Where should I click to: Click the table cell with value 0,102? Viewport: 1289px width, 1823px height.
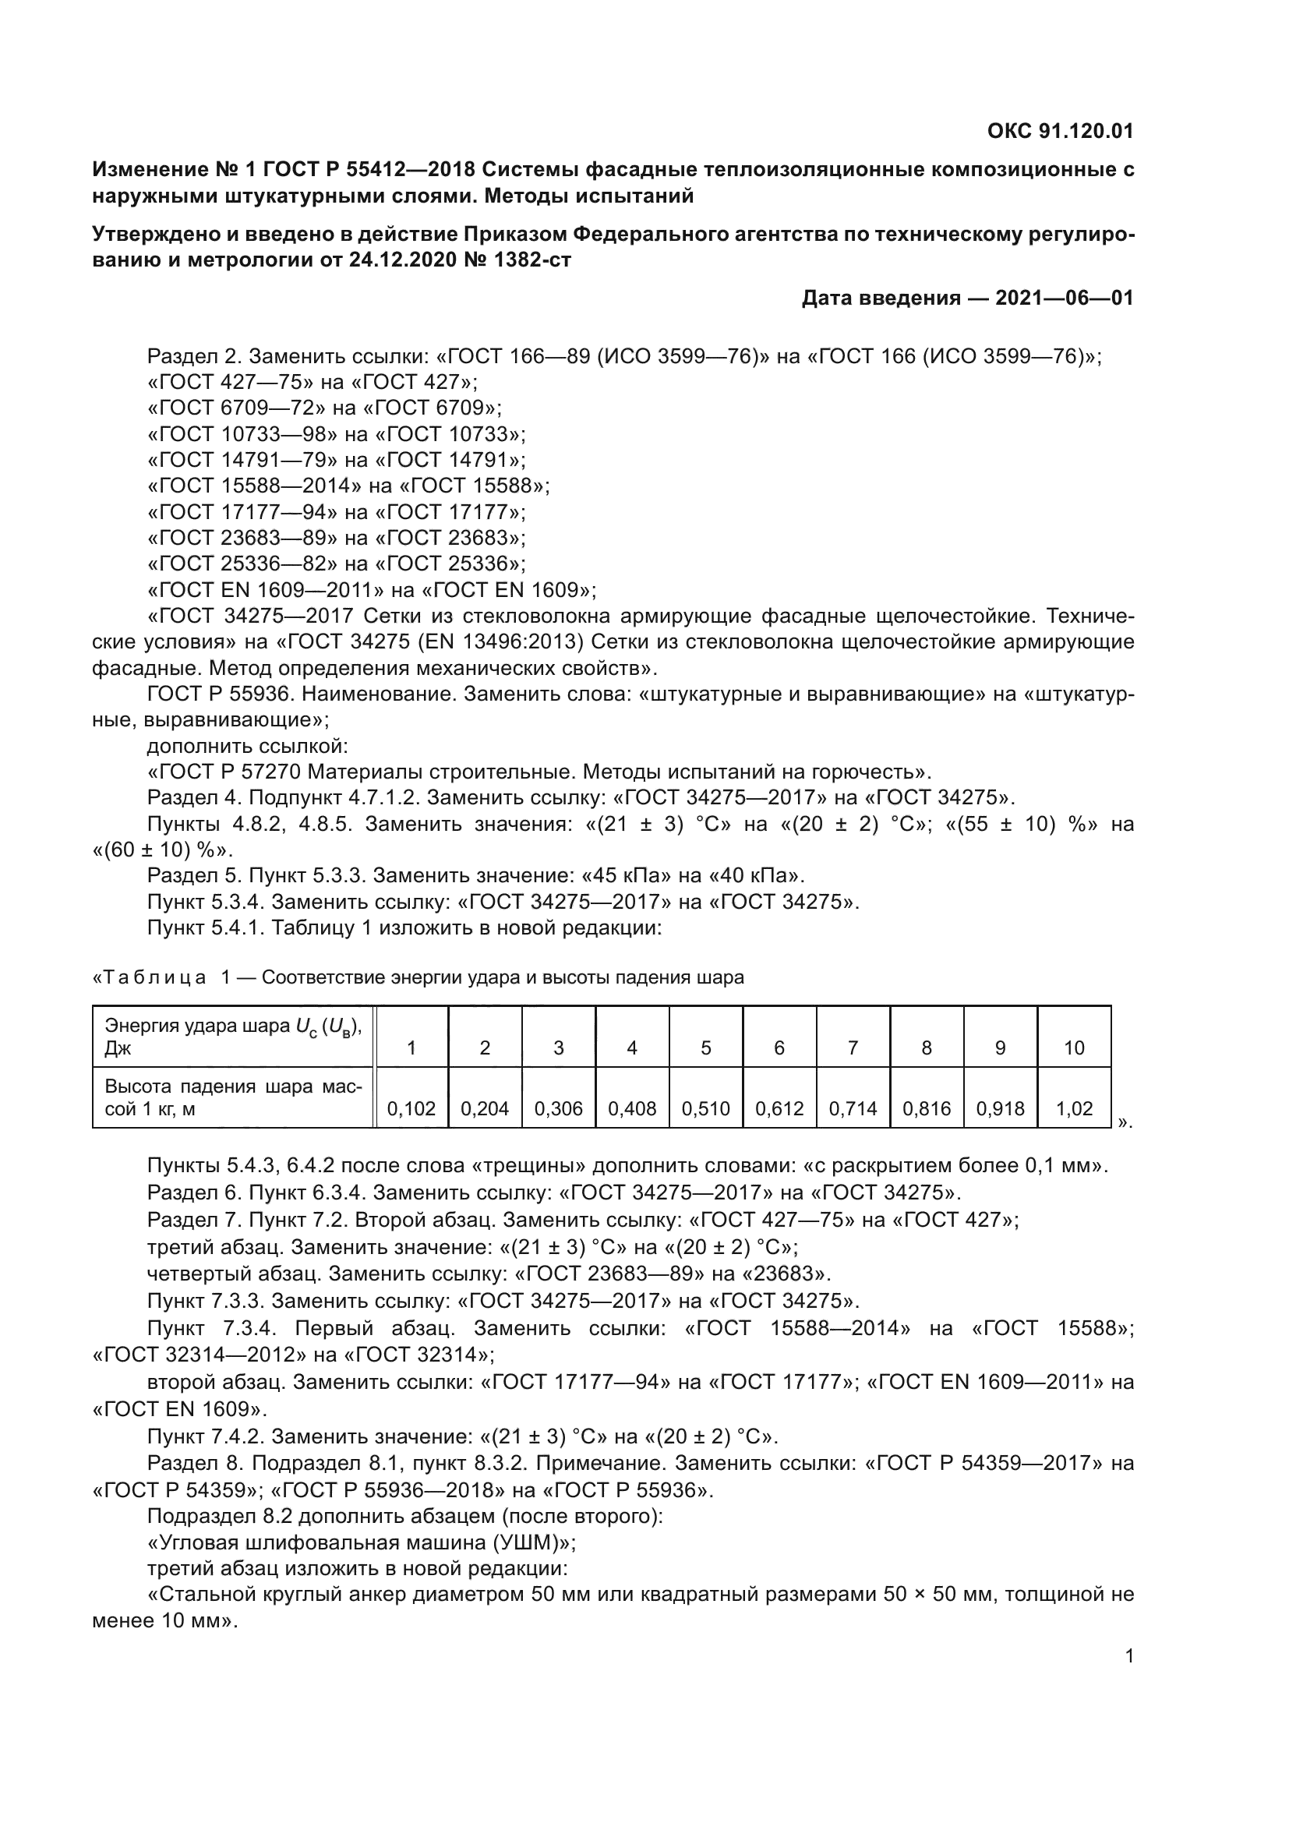(411, 1109)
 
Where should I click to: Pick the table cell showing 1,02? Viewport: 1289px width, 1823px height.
(1074, 1109)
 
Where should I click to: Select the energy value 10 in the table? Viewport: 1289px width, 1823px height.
(1074, 1048)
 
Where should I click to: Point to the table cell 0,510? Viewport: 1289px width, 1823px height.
(705, 1109)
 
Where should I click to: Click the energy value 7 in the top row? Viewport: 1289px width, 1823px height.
(853, 1048)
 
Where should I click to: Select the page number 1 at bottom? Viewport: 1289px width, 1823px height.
(1128, 1656)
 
